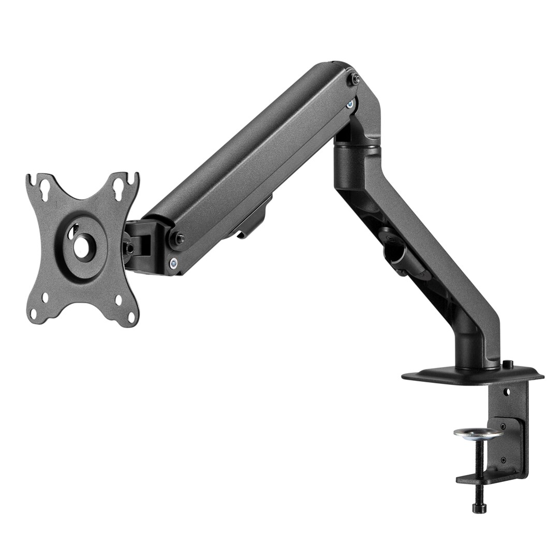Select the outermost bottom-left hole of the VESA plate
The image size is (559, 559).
(x=35, y=313)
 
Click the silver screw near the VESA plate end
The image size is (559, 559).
(x=173, y=262)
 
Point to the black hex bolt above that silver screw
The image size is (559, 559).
(x=180, y=239)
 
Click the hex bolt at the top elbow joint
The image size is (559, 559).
(x=356, y=79)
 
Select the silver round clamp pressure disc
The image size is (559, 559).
(x=477, y=433)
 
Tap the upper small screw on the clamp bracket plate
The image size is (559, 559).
(x=503, y=427)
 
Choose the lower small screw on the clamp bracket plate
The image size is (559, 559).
(x=503, y=460)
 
